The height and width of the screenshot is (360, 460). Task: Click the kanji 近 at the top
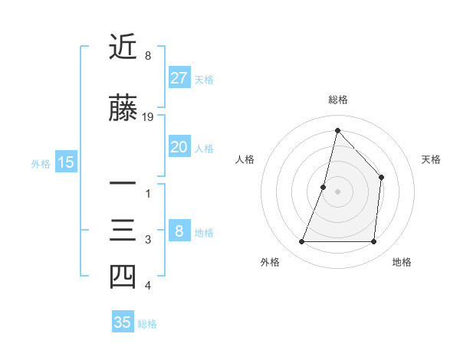click(x=123, y=47)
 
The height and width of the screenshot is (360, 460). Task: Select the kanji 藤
click(x=123, y=110)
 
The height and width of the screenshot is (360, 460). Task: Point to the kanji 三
click(x=123, y=231)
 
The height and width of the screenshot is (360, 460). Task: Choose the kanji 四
click(x=123, y=277)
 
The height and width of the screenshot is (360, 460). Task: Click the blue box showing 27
click(x=179, y=78)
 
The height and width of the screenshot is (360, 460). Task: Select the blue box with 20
click(x=179, y=147)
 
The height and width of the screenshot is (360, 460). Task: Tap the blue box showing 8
click(x=179, y=231)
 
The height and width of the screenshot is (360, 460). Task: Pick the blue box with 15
click(x=66, y=162)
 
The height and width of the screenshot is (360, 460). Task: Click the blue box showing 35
click(x=123, y=322)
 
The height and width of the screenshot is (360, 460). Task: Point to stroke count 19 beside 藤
click(x=148, y=117)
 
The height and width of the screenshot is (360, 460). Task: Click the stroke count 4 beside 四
click(x=148, y=286)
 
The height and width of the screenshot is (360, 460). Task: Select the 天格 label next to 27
click(x=204, y=79)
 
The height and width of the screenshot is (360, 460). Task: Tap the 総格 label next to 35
click(x=147, y=323)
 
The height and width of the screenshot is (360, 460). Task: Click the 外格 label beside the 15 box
click(x=41, y=163)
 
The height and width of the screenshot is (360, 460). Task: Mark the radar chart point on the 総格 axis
click(x=337, y=130)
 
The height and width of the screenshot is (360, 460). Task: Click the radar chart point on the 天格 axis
click(x=381, y=178)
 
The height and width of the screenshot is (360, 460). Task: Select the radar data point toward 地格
click(x=373, y=242)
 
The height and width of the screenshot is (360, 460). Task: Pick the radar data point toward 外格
click(x=301, y=242)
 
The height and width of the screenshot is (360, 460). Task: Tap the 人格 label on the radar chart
click(x=245, y=159)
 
